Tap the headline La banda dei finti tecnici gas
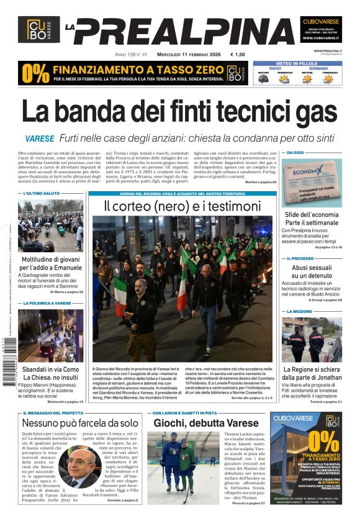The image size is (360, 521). (x=179, y=113)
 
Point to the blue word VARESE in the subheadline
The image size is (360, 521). (x=40, y=139)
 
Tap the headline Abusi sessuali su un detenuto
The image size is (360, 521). (x=312, y=271)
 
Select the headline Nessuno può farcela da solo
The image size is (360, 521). (x=80, y=422)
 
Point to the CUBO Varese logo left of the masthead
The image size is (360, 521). (x=38, y=30)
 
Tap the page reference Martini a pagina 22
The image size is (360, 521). (x=261, y=182)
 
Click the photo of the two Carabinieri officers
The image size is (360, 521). (x=312, y=339)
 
